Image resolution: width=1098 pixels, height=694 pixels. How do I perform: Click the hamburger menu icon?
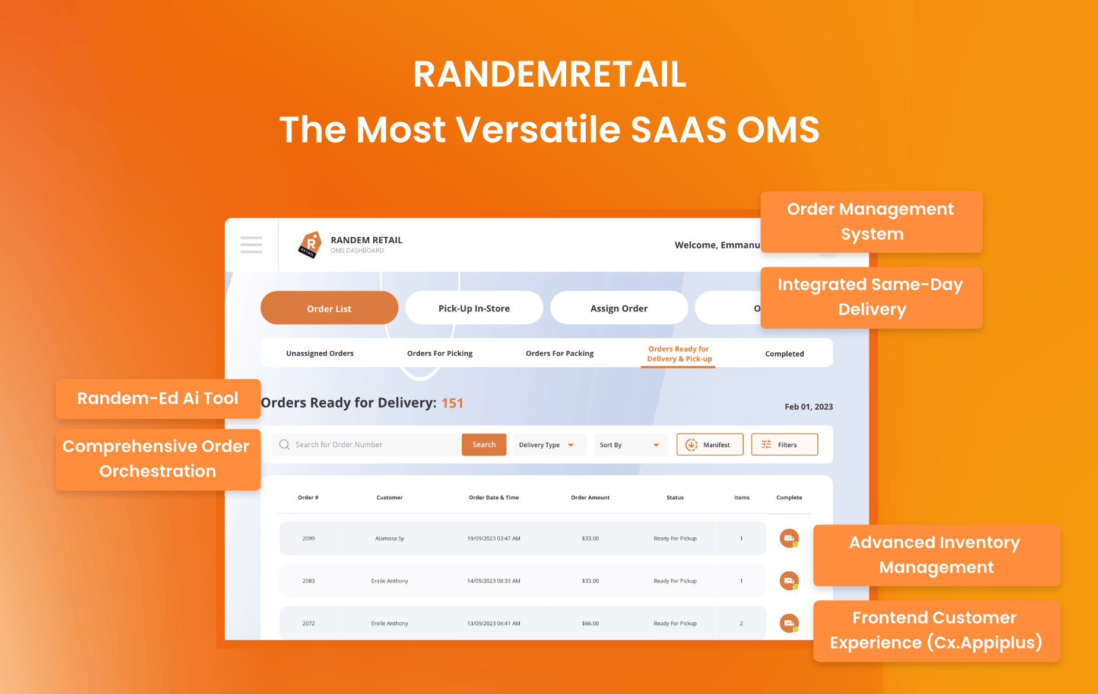251,244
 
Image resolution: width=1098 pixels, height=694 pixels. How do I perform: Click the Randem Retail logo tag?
310,244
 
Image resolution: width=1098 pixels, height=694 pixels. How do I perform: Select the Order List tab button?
329,308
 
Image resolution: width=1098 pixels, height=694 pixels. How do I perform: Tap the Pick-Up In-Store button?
474,308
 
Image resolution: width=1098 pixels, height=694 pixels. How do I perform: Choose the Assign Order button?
618,308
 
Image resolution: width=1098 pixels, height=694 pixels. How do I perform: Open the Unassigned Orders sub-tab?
319,354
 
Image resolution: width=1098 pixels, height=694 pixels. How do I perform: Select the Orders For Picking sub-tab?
440,354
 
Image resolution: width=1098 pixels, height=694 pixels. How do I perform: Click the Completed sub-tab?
784,354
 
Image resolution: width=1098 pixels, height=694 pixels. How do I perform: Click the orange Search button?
484,445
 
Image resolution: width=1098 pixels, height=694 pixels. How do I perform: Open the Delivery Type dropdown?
547,445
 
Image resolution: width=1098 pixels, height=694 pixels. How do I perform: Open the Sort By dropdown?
630,445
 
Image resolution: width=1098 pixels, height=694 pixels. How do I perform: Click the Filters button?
784,445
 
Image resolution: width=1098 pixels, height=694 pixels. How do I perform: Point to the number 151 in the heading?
452,403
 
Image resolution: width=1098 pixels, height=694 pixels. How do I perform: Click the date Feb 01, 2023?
808,407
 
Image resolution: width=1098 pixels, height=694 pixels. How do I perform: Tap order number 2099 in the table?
309,539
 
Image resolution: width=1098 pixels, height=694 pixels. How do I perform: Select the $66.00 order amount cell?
590,623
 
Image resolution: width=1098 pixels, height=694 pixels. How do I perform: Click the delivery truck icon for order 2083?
789,581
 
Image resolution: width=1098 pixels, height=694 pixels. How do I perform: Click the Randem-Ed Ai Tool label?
158,399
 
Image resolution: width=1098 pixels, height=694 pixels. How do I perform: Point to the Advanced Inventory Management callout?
936,555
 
